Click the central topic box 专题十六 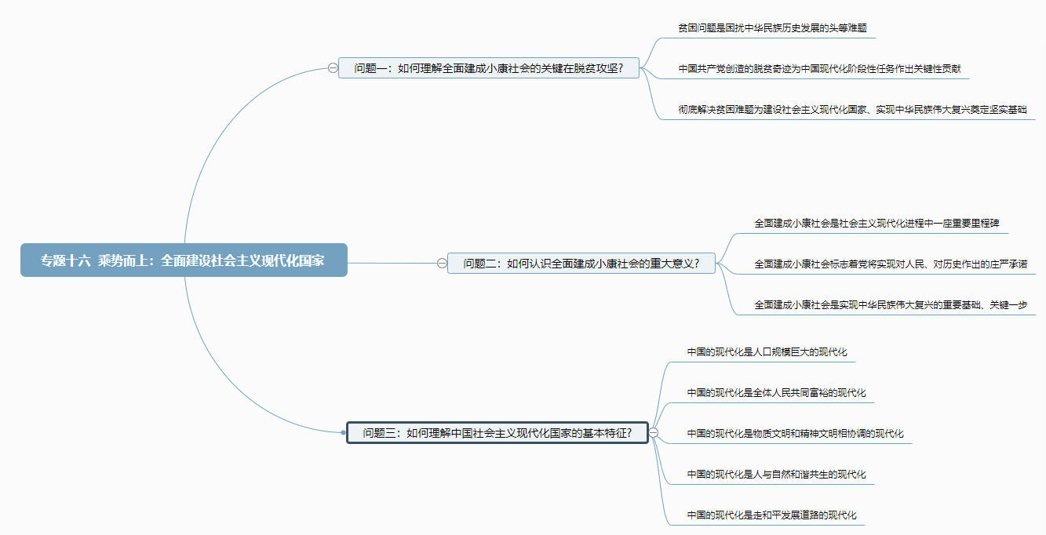click(x=184, y=260)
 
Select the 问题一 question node click(x=488, y=67)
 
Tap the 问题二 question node click(x=581, y=264)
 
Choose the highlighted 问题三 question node click(x=497, y=432)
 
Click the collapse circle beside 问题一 click(x=333, y=68)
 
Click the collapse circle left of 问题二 click(x=442, y=264)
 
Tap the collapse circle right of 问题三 click(x=654, y=432)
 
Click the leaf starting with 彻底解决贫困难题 click(x=852, y=110)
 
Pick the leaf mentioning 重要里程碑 click(x=877, y=224)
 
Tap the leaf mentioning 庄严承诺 click(x=891, y=264)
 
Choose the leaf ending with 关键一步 click(x=891, y=305)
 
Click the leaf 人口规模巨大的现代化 click(x=767, y=352)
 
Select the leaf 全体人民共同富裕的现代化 click(x=776, y=393)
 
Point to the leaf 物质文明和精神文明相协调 click(x=795, y=434)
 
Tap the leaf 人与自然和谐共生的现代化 click(x=776, y=475)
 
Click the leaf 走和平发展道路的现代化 click(x=771, y=515)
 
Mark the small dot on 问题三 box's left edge click(x=344, y=432)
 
